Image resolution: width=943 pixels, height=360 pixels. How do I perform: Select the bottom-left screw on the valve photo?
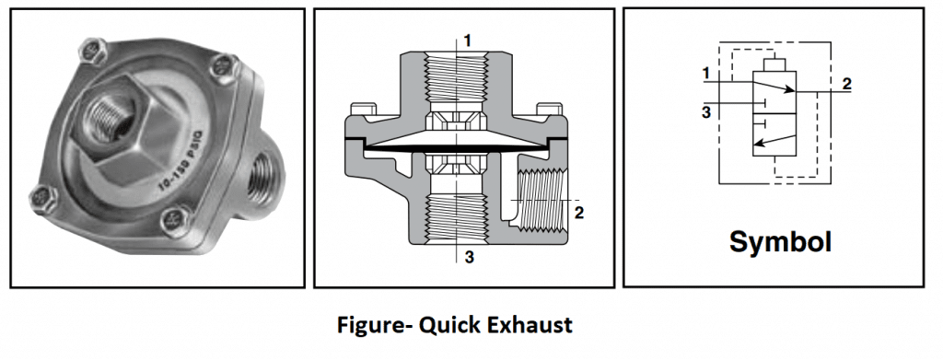click(40, 195)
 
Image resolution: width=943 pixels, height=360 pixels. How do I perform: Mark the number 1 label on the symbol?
click(704, 72)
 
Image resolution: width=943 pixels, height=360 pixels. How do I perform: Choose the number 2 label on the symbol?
click(846, 82)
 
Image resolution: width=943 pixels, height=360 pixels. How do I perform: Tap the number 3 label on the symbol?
click(704, 112)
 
